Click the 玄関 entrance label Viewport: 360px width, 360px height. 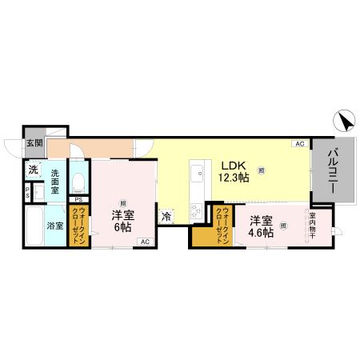(x=34, y=144)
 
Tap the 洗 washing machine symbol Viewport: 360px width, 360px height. (x=33, y=170)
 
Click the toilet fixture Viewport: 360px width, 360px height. (x=78, y=182)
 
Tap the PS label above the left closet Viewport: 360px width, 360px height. (x=78, y=199)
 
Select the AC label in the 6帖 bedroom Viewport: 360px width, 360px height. (x=144, y=242)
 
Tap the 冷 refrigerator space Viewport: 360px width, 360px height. (x=167, y=216)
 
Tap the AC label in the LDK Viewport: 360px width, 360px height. (x=298, y=145)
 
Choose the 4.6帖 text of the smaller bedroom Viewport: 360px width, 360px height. (x=262, y=233)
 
